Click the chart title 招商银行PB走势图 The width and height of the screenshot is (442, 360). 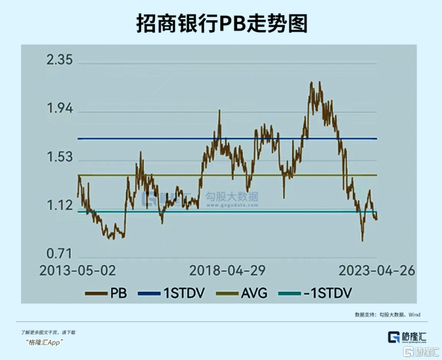pos(222,24)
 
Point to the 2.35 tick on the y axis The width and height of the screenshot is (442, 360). pos(60,60)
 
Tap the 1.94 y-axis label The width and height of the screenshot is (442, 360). pos(60,109)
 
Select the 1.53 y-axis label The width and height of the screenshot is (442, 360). pos(60,158)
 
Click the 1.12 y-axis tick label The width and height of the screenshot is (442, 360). pos(60,206)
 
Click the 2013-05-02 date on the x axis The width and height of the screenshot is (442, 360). pos(78,271)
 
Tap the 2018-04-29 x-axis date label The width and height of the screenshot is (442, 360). pos(227,271)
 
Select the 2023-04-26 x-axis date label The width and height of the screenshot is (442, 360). pos(377,271)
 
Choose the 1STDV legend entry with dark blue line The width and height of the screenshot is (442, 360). pos(172,293)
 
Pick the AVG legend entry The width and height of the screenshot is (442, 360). pos(242,293)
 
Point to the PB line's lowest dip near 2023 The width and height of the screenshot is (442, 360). pos(362,240)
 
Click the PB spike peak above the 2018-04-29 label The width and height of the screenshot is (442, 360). pos(219,111)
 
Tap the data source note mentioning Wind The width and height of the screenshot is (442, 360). pos(387,314)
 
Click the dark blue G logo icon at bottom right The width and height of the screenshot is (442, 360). pos(393,337)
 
